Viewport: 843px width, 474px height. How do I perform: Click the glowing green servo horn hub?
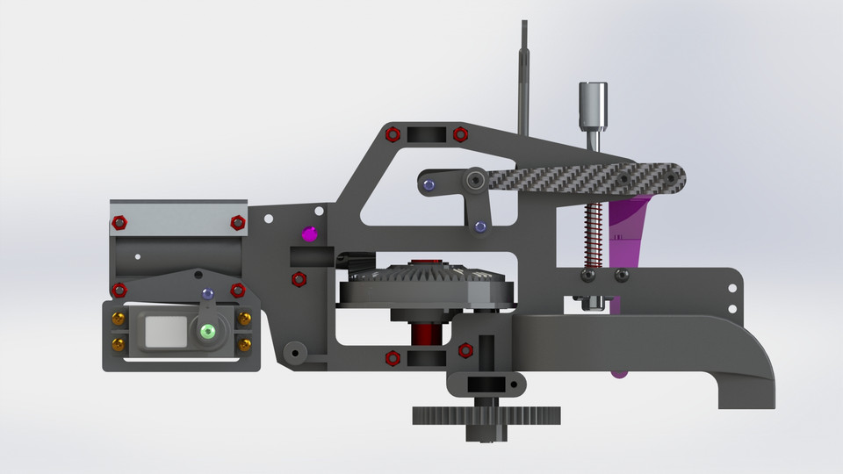pyautogui.click(x=208, y=331)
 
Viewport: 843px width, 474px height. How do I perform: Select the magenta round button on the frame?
pyautogui.click(x=308, y=233)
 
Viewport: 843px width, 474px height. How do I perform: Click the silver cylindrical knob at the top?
pyautogui.click(x=594, y=104)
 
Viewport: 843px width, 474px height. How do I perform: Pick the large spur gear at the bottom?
pyautogui.click(x=486, y=414)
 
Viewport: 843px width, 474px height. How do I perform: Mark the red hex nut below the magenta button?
pyautogui.click(x=299, y=279)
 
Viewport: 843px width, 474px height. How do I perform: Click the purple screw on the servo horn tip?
pyautogui.click(x=207, y=293)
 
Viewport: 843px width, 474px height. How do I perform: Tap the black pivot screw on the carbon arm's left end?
pyautogui.click(x=475, y=180)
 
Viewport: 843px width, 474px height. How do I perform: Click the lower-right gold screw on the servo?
pyautogui.click(x=245, y=342)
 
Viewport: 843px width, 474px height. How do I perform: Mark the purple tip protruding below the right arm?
pyautogui.click(x=620, y=375)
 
